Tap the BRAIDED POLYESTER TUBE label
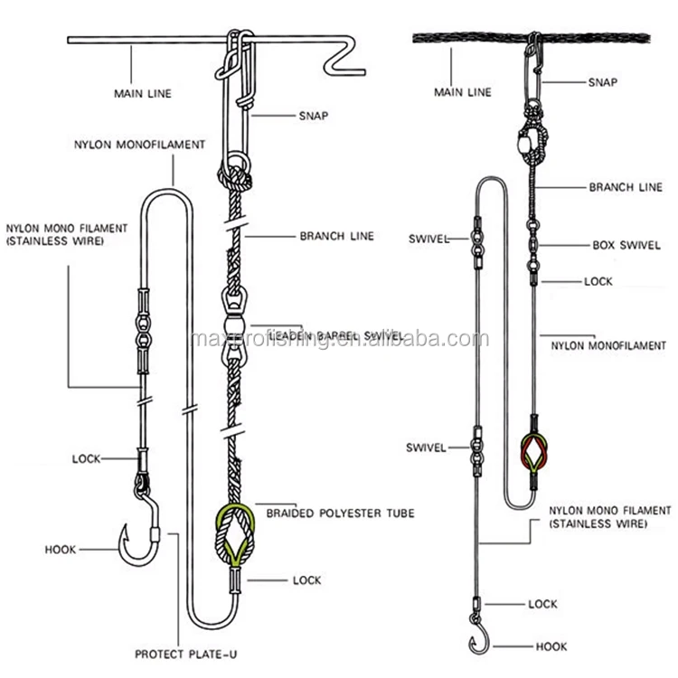(x=340, y=513)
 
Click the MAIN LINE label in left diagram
(x=142, y=92)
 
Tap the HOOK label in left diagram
(x=61, y=549)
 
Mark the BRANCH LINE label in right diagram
(x=620, y=188)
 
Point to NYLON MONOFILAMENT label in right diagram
(x=615, y=345)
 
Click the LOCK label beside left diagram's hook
(x=86, y=459)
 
